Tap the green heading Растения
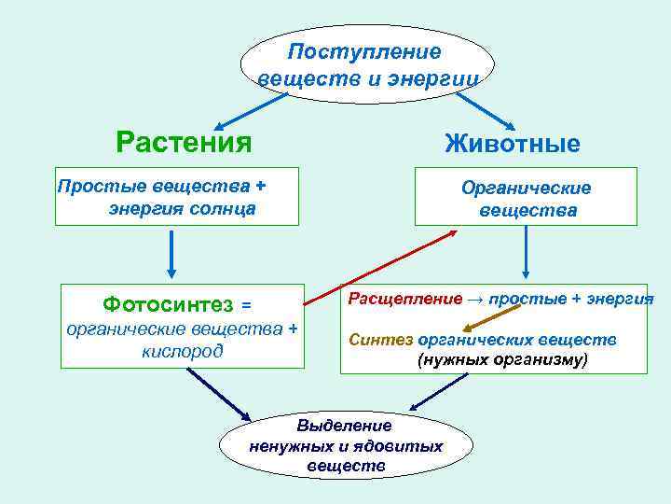click(x=184, y=143)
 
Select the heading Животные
click(x=513, y=144)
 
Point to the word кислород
click(x=183, y=351)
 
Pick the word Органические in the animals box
click(x=527, y=188)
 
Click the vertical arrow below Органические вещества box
click(x=527, y=253)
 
